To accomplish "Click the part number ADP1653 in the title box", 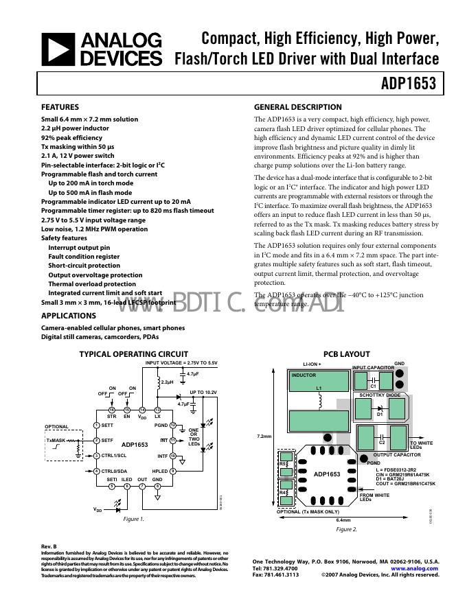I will pos(409,84).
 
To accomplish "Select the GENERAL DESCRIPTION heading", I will pos(297,107).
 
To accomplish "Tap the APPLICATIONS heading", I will pos(69,316).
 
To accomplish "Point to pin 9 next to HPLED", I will pos(173,470).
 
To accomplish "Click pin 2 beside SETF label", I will pos(96,440).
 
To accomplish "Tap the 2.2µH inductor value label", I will pos(168,382).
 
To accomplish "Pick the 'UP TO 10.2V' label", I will pos(203,392).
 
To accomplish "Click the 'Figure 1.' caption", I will pos(134,519).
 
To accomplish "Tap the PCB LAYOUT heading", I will pos(347,354).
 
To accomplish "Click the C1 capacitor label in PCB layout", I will pos(374,386).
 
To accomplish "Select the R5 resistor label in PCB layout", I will pos(283,464).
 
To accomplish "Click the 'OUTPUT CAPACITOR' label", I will pos(397,454).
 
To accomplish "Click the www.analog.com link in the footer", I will pos(414,568).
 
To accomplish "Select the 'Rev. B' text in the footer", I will pos(49,546).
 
